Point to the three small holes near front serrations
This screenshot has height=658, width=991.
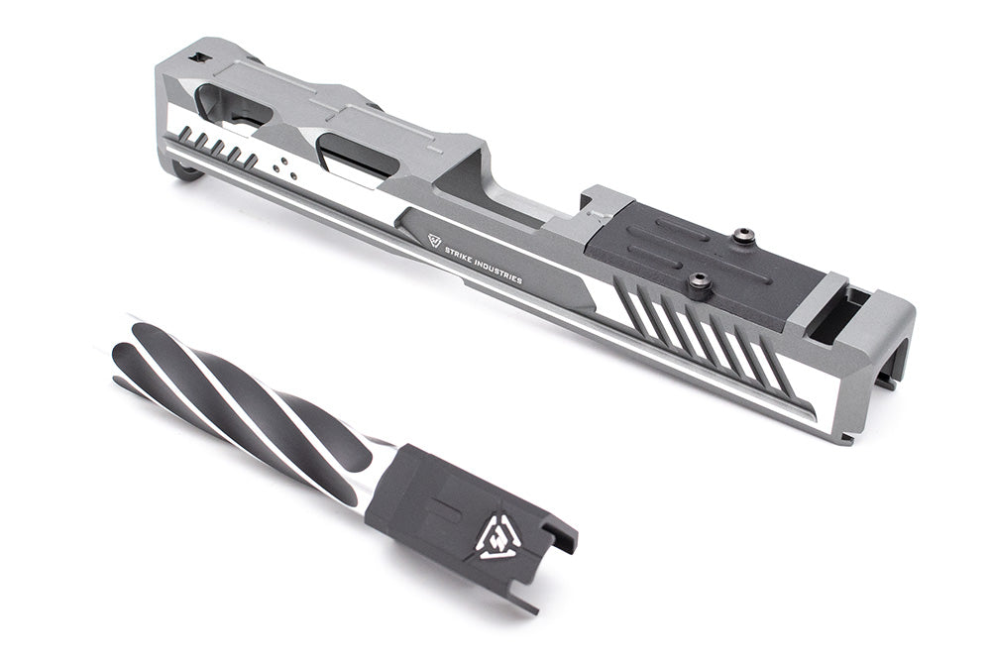(x=283, y=165)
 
